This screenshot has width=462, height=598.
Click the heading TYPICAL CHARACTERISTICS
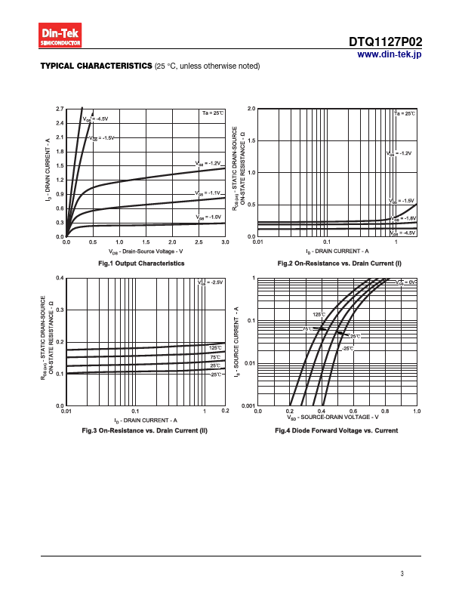pos(96,66)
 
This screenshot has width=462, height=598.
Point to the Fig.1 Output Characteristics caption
pos(142,264)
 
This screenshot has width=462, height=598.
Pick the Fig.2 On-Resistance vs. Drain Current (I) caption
pos(339,264)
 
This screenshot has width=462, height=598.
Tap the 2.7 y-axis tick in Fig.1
pos(60,109)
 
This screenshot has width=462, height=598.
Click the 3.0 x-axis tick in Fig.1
pos(225,242)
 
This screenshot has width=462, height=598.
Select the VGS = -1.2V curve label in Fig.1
pos(208,163)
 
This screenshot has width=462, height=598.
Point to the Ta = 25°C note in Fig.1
pos(213,113)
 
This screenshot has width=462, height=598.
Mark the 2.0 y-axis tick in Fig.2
pos(251,109)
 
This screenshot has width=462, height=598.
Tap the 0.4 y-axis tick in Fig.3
pos(60,279)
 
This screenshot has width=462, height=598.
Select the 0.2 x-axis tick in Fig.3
pos(225,411)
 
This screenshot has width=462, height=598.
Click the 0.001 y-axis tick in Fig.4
pos(248,406)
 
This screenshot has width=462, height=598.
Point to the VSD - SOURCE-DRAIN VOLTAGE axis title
pos(332,418)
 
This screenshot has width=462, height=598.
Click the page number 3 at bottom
pos(403,575)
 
